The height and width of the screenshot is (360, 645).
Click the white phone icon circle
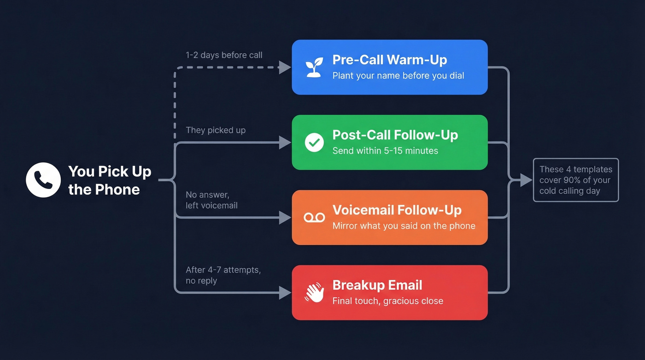pyautogui.click(x=43, y=180)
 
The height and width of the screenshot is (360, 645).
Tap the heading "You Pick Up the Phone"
pyautogui.click(x=109, y=180)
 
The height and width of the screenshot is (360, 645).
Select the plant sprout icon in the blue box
pyautogui.click(x=314, y=67)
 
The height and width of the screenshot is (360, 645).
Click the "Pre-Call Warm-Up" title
pyautogui.click(x=389, y=60)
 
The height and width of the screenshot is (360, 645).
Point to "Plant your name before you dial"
pyautogui.click(x=398, y=76)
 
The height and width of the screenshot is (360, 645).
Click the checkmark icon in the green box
pyautogui.click(x=314, y=142)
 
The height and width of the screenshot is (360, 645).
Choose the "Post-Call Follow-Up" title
pyautogui.click(x=395, y=135)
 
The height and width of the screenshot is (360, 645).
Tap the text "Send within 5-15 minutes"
pyautogui.click(x=385, y=151)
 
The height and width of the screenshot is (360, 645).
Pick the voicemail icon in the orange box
pyautogui.click(x=314, y=218)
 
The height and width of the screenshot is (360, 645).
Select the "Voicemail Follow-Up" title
pyautogui.click(x=397, y=210)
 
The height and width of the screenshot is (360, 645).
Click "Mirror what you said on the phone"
pyautogui.click(x=404, y=226)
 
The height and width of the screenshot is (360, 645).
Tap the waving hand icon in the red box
pyautogui.click(x=314, y=293)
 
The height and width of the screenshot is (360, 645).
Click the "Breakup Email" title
pyautogui.click(x=377, y=285)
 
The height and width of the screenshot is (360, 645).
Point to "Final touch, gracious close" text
pyautogui.click(x=387, y=301)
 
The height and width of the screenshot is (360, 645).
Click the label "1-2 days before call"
pyautogui.click(x=224, y=55)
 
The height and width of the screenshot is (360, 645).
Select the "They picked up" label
pyautogui.click(x=216, y=130)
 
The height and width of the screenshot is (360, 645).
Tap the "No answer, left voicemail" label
pyautogui.click(x=211, y=200)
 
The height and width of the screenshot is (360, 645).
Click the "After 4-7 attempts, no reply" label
pyautogui.click(x=223, y=275)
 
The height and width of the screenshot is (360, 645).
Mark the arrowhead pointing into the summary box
pyautogui.click(x=526, y=180)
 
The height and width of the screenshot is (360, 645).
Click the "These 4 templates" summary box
pyautogui.click(x=575, y=180)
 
